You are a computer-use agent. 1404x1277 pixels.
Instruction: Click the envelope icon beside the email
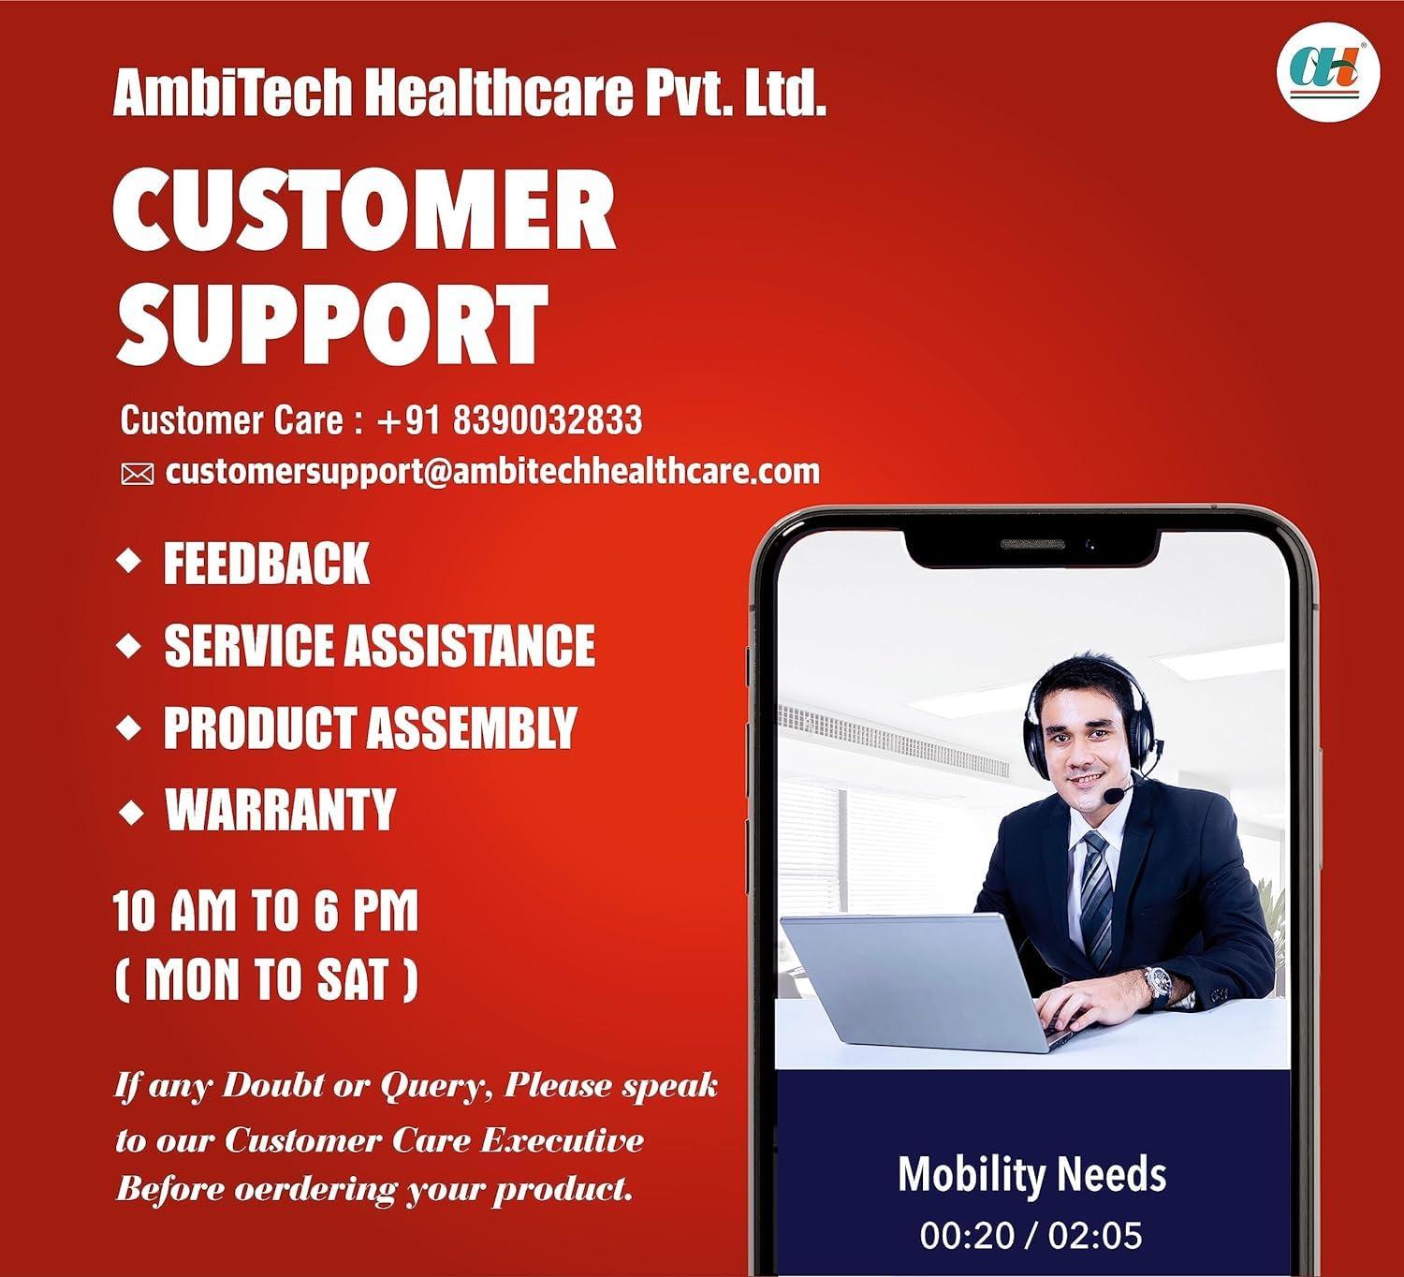tap(137, 475)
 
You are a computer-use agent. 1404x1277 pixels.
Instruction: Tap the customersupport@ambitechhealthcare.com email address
tap(492, 471)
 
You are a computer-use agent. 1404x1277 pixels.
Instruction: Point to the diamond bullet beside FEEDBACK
tap(129, 562)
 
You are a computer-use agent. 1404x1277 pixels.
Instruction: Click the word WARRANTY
tap(281, 810)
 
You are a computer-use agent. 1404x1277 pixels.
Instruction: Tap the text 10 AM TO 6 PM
tap(266, 911)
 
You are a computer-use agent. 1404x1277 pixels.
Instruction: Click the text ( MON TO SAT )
tap(266, 979)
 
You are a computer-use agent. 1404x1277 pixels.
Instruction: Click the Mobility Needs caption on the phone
tap(1032, 1174)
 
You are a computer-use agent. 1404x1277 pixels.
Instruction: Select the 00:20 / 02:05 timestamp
tap(1031, 1235)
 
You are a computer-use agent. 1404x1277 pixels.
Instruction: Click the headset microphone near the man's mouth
tap(1115, 795)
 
